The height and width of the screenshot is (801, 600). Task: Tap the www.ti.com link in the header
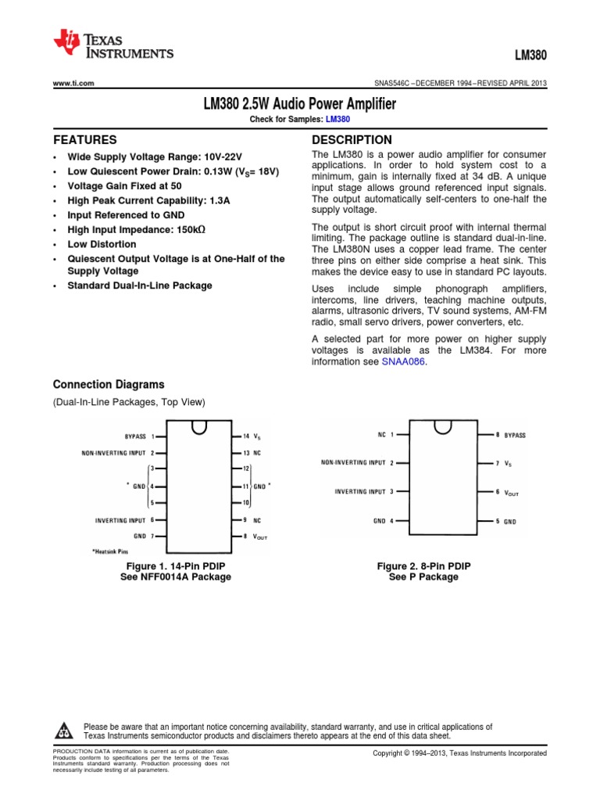tap(73, 84)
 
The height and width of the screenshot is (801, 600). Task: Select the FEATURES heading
tap(79, 141)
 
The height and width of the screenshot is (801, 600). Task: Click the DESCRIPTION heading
tap(352, 140)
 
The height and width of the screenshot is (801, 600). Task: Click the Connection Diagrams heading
tap(109, 385)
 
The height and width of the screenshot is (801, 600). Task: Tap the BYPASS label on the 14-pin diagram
tap(135, 436)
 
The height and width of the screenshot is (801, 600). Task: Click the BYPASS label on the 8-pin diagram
tap(515, 434)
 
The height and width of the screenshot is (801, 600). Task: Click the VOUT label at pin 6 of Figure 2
tap(512, 492)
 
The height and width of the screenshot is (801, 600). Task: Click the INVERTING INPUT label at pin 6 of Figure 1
tap(120, 519)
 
